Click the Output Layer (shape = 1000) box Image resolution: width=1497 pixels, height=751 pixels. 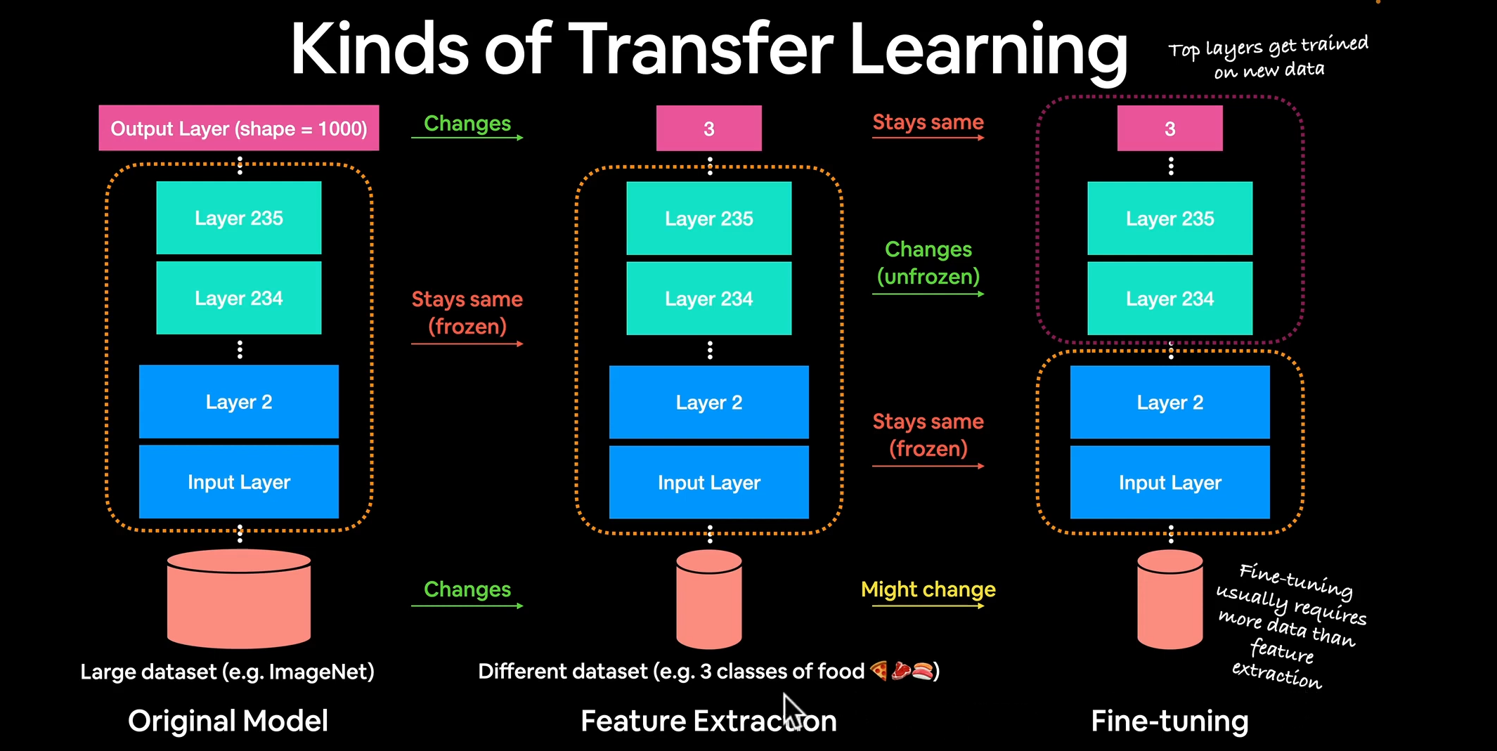(238, 128)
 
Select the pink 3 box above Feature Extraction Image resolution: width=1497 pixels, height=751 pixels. (708, 128)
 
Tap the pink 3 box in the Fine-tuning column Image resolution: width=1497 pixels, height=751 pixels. (1169, 128)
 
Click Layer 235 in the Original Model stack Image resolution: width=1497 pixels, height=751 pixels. (238, 218)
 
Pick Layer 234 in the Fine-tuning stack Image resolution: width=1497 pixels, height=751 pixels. (1169, 299)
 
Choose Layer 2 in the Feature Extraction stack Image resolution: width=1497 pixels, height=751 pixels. (708, 402)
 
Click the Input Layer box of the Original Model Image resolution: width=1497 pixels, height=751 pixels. (238, 482)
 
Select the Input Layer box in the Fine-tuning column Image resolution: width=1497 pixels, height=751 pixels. (1169, 482)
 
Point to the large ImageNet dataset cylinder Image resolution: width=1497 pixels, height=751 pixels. (238, 598)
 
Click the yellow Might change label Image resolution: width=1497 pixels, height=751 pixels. (928, 589)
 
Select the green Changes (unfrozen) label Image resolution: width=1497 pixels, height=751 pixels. (928, 263)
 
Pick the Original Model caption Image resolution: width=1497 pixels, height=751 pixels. (228, 721)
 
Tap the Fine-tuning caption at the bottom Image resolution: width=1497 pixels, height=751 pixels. (1169, 721)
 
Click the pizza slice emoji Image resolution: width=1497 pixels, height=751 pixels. (879, 671)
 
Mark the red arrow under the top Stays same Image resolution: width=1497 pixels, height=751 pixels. (928, 138)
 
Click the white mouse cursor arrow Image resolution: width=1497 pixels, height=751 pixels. (793, 710)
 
